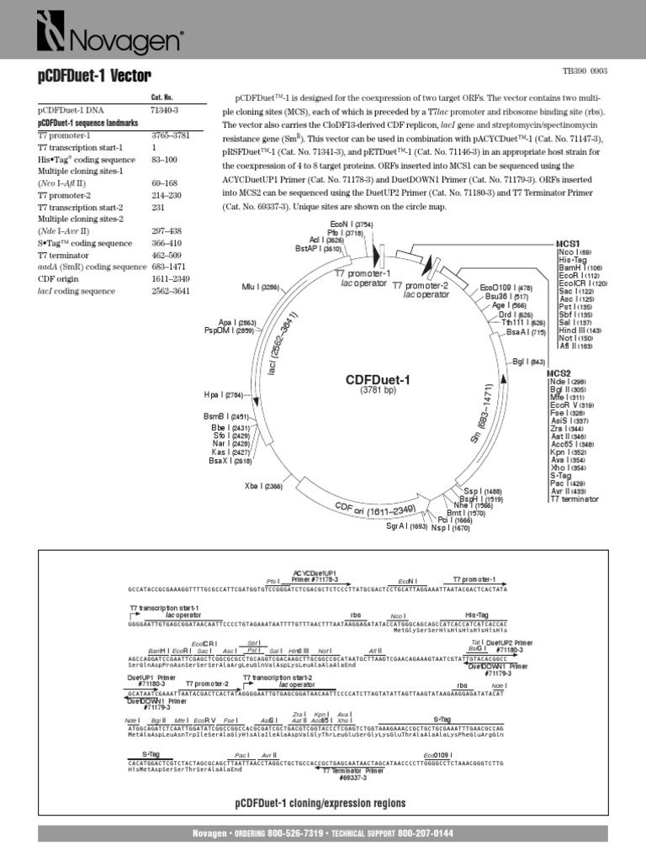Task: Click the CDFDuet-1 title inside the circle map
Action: (378, 380)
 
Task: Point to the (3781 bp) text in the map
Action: (378, 391)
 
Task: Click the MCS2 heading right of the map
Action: (559, 372)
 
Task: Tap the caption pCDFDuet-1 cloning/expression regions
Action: (320, 803)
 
